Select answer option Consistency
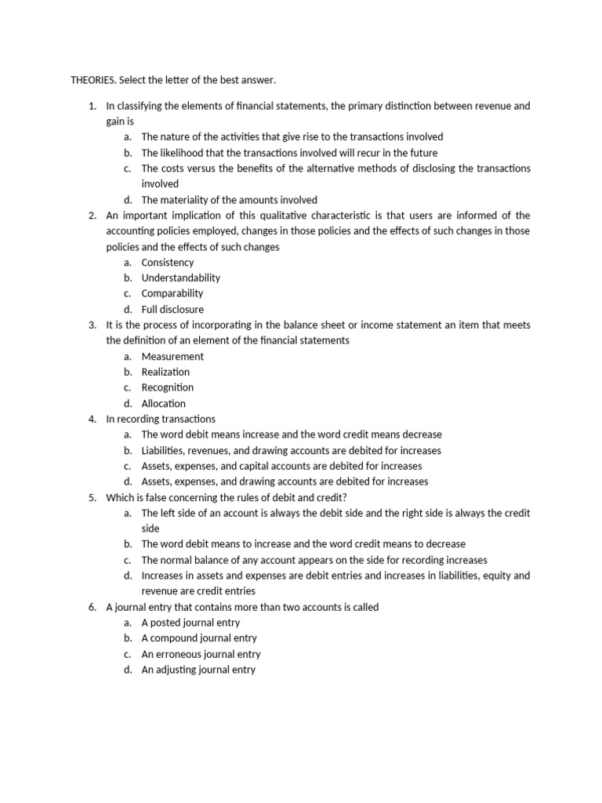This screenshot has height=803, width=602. (x=167, y=262)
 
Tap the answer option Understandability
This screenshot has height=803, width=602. (x=180, y=278)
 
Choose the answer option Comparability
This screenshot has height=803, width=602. (x=172, y=293)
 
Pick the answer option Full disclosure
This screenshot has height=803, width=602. (x=172, y=309)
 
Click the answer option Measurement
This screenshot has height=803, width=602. (x=172, y=356)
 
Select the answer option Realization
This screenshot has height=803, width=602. (x=165, y=372)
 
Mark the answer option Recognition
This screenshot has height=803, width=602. (x=167, y=387)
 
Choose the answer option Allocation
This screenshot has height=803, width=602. (x=163, y=403)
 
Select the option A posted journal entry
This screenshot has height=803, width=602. (x=190, y=623)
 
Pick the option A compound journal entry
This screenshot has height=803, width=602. (x=199, y=638)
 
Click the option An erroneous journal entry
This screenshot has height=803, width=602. (x=201, y=654)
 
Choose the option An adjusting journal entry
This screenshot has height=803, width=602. (x=198, y=670)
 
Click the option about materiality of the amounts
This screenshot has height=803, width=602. (x=229, y=200)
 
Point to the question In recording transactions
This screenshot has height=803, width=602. (x=161, y=419)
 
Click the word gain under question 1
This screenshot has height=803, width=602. (x=116, y=122)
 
